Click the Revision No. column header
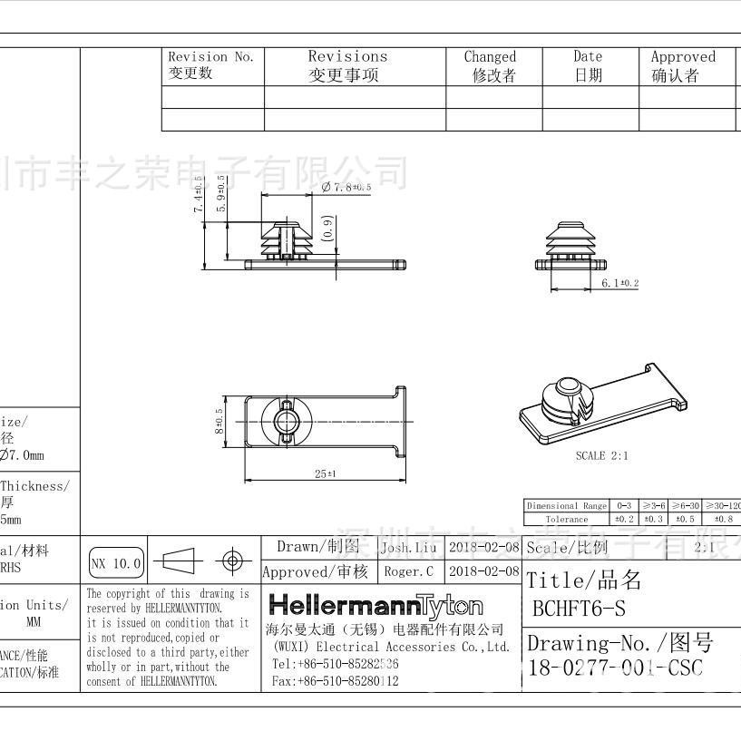pos(211,65)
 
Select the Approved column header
pos(682,65)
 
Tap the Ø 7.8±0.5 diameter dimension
pos(346,187)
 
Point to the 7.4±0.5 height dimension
pos(199,195)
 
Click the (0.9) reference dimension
pos(327,228)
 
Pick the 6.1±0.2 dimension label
pos(620,284)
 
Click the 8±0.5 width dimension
pos(219,421)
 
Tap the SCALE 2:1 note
pos(601,455)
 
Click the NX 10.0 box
pos(117,563)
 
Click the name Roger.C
pos(408,571)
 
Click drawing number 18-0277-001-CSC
pos(615,668)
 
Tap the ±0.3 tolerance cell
pos(654,519)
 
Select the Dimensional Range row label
pos(567,506)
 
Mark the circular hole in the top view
pos(279,421)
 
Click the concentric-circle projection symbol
pos(232,562)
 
